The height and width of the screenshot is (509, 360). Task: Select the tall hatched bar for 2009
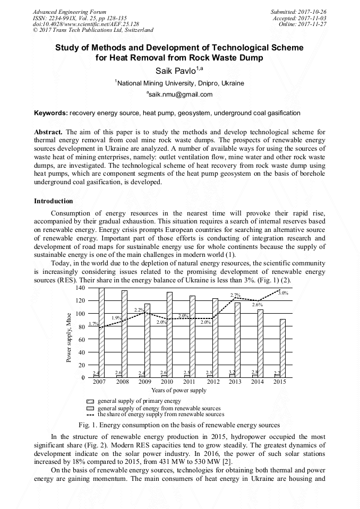(x=147, y=340)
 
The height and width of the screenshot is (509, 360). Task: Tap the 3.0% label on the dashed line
(x=283, y=293)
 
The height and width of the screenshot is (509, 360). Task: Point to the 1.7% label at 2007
(x=93, y=324)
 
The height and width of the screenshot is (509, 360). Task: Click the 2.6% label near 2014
(x=258, y=305)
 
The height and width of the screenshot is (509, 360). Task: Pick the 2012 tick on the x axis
(x=212, y=382)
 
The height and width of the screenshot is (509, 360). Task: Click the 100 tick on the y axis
(x=80, y=313)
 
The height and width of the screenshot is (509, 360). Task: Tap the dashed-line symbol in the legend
(x=90, y=415)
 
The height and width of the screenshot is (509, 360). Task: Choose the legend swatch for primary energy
(x=90, y=401)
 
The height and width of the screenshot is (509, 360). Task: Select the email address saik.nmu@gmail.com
(x=179, y=94)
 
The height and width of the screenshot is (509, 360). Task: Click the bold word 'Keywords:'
(x=51, y=113)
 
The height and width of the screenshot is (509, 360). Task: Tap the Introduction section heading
(x=54, y=201)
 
